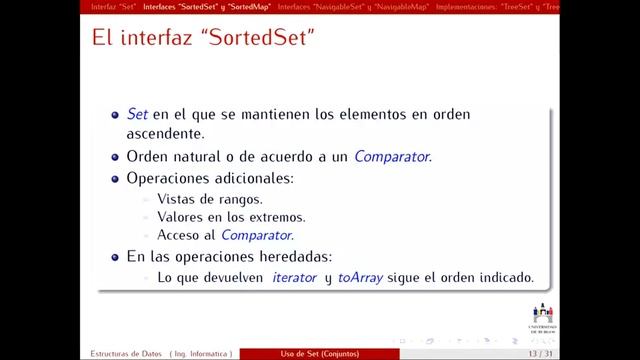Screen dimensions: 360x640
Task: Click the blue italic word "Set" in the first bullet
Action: point(136,114)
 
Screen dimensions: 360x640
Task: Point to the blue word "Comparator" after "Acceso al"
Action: point(257,235)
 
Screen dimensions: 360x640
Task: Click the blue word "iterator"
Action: point(294,277)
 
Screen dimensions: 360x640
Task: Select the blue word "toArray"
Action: point(360,277)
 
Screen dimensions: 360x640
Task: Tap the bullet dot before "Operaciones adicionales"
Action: point(116,178)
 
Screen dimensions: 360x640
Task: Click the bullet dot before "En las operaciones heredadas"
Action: point(116,256)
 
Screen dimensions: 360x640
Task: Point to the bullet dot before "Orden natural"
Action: point(116,157)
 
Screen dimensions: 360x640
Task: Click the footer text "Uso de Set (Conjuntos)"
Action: point(320,354)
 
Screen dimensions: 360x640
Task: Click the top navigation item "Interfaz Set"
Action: point(113,5)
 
